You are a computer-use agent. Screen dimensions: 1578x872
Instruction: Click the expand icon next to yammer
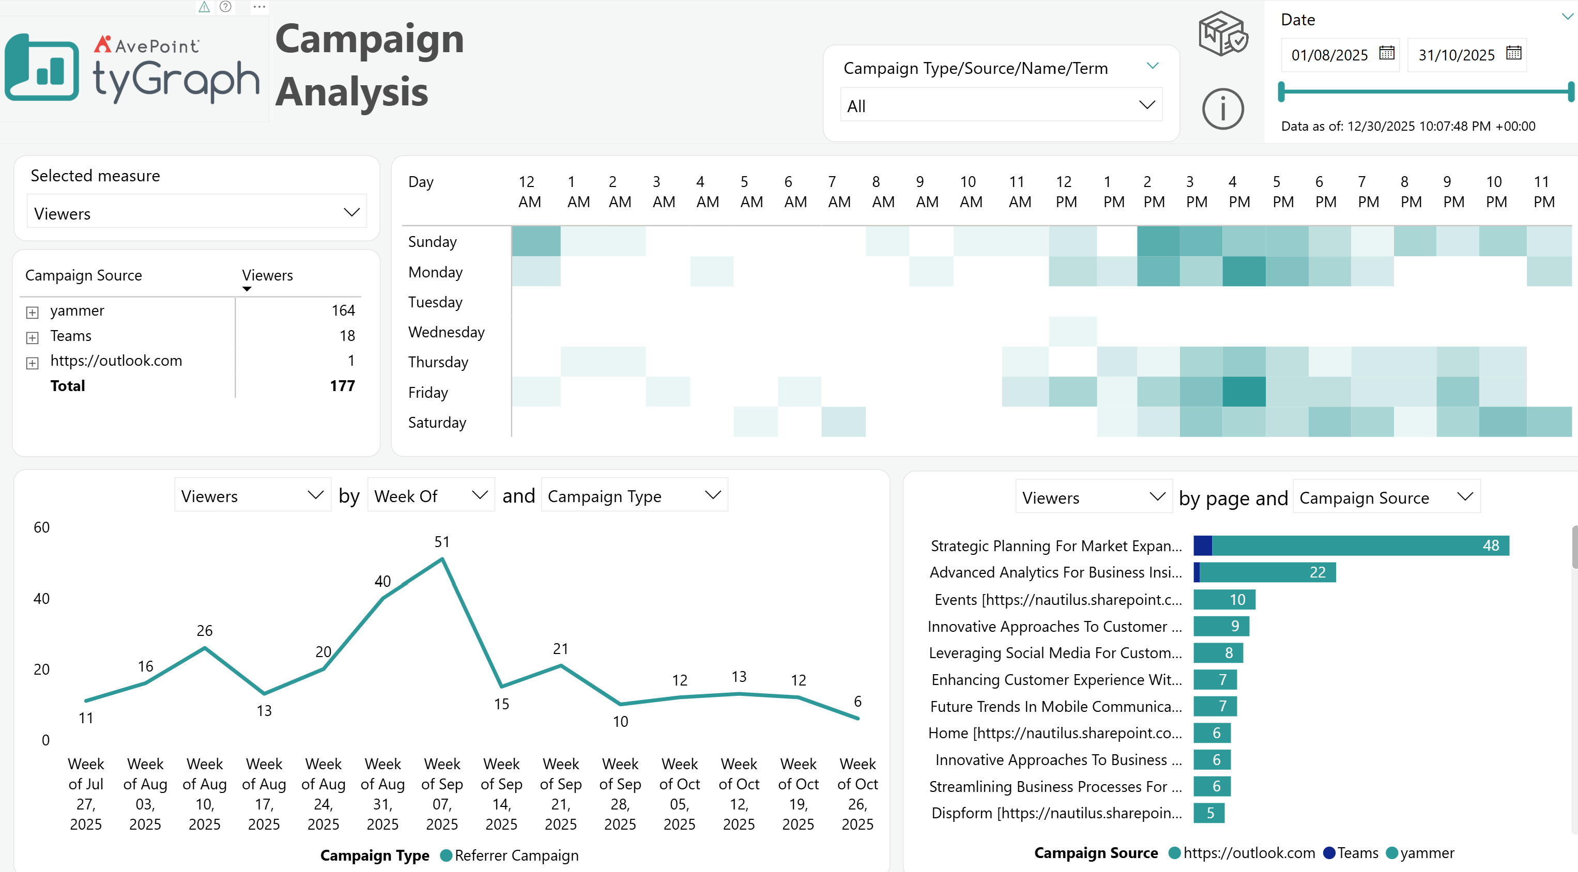click(x=33, y=313)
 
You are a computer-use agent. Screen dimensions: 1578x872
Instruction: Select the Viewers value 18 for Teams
click(x=347, y=336)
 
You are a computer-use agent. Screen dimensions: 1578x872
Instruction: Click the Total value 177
click(x=343, y=386)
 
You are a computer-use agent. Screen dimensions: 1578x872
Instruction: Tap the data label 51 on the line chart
click(x=442, y=542)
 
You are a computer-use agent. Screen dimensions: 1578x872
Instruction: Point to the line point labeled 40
click(x=383, y=598)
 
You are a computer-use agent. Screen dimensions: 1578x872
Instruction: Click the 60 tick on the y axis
click(x=42, y=527)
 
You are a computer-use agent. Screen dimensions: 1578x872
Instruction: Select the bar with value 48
click(x=1351, y=546)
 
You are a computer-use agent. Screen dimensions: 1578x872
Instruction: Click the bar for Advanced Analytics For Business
click(x=1264, y=572)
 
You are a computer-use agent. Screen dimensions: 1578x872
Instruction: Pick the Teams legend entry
click(x=1351, y=853)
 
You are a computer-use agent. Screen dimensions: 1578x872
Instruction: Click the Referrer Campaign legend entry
click(x=509, y=855)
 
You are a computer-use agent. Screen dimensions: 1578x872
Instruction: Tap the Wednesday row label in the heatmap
click(x=447, y=332)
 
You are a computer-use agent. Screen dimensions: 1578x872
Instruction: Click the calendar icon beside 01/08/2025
click(x=1387, y=53)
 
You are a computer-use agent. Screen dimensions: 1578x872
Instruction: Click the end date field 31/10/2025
click(x=1457, y=55)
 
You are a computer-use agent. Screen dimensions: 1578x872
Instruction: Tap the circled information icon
click(x=1223, y=110)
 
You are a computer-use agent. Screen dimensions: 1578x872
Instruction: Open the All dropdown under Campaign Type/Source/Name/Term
click(x=1001, y=105)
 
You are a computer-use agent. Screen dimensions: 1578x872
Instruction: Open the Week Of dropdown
click(x=431, y=495)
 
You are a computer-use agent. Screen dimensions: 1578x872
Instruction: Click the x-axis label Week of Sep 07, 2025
click(x=442, y=794)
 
